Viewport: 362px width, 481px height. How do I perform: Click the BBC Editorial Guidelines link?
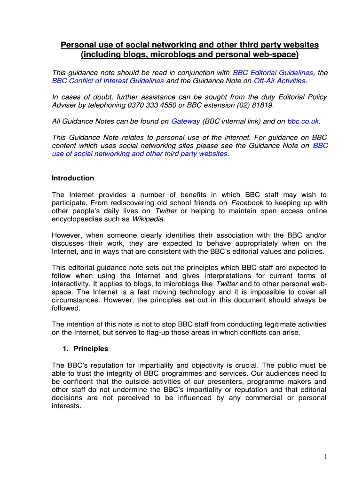(273, 73)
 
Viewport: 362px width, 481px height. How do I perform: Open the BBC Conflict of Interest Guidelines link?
(108, 81)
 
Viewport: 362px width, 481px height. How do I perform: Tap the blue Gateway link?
(186, 121)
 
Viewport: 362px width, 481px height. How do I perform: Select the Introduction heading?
(73, 178)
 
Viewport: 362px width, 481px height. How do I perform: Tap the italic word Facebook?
(248, 203)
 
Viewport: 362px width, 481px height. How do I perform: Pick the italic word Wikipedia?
(149, 219)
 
